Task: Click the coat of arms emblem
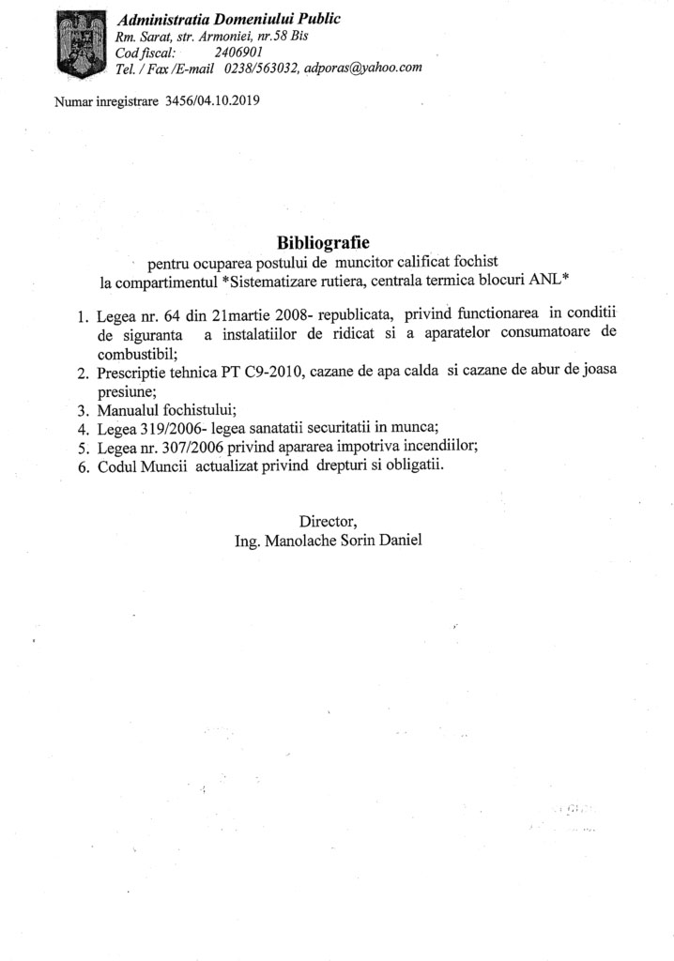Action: (79, 46)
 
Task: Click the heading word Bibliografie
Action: (324, 243)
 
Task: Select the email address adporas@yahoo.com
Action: (364, 68)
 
